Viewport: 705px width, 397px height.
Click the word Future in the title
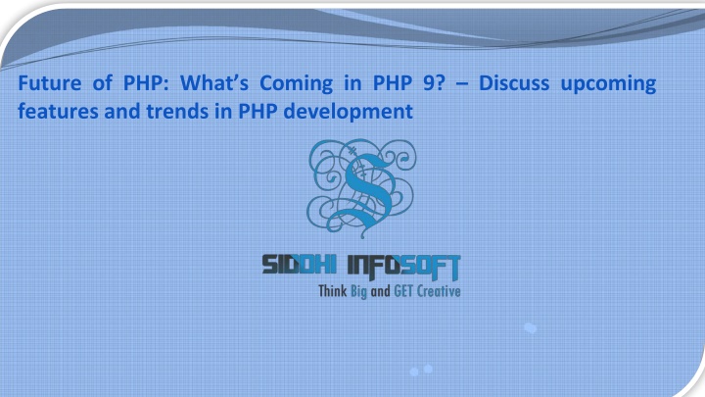(x=50, y=83)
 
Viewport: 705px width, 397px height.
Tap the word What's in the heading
(x=214, y=83)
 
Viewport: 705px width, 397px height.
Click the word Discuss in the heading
(x=514, y=83)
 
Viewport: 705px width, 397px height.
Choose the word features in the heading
(x=58, y=111)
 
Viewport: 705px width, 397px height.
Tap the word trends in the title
(x=177, y=111)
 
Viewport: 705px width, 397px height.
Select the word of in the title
(x=103, y=83)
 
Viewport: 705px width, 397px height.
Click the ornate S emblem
(x=361, y=188)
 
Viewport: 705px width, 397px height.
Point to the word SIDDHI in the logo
(x=300, y=265)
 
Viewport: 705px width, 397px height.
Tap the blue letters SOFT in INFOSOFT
(x=431, y=267)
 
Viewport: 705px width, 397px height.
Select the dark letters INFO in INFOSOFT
(x=375, y=266)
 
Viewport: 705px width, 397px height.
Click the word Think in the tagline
(x=333, y=291)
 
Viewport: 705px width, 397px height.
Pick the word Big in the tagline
(x=358, y=292)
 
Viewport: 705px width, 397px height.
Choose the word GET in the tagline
(x=403, y=291)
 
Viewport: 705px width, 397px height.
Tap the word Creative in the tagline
(x=439, y=291)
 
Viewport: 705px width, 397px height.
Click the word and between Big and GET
(x=380, y=292)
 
